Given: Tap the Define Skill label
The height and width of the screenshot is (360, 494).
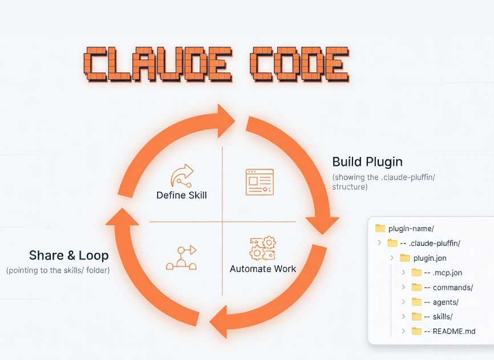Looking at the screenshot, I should [181, 195].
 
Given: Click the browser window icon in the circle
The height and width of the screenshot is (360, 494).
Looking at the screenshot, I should [260, 182].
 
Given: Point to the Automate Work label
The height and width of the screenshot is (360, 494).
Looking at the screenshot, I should [263, 268].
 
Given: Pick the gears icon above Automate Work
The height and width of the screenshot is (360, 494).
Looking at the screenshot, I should [262, 249].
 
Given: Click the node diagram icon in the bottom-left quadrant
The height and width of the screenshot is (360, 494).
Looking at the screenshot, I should [181, 258].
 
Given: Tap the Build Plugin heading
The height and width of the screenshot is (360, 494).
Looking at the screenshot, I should [367, 161].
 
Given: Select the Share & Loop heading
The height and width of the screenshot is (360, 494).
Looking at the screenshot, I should [69, 255].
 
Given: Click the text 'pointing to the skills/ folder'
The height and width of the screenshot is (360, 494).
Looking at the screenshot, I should [58, 270].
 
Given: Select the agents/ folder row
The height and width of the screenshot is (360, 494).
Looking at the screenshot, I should [445, 302].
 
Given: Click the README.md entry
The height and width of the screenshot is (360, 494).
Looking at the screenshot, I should [453, 331].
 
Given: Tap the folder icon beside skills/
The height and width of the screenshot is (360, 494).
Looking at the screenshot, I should [416, 317].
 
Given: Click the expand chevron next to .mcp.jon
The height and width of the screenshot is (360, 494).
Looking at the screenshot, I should [404, 273].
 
